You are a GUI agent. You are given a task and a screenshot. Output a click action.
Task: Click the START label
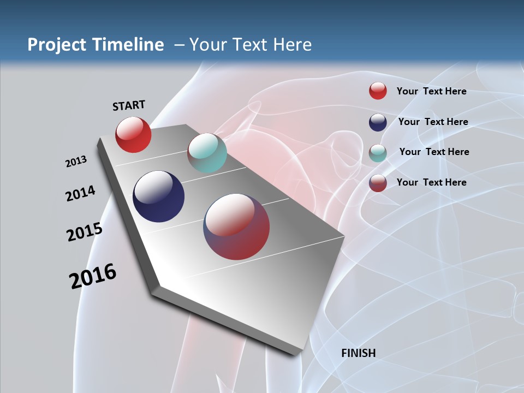129,105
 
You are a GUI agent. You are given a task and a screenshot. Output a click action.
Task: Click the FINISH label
359,353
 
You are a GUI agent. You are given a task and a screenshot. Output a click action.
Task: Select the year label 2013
76,162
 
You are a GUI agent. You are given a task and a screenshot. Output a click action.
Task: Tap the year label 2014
80,194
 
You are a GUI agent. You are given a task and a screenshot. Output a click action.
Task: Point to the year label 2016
93,276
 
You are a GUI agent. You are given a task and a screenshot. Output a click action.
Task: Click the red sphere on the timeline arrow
133,135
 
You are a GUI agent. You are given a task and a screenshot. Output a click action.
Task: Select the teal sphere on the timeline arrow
207,153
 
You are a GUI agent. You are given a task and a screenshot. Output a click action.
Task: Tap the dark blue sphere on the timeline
159,196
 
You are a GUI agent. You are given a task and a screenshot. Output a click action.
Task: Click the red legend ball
378,91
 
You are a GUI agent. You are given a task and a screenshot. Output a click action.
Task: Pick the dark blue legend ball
378,122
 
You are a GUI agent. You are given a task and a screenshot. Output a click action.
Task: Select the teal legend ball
378,153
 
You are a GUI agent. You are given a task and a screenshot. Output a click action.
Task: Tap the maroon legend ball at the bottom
378,183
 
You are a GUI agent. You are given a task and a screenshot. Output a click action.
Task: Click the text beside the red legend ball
431,91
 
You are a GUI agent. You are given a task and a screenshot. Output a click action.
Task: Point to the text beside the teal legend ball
434,152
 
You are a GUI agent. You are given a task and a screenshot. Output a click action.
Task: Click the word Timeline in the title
128,45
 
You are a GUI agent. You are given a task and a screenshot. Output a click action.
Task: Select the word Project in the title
56,45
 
